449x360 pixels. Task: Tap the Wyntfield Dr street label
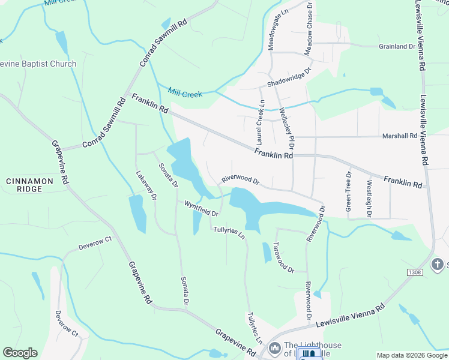click(200, 208)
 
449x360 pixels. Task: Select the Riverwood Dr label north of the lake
click(240, 179)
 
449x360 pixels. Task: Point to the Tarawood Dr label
click(283, 257)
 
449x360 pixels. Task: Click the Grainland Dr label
click(397, 46)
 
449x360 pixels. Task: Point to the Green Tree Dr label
click(348, 191)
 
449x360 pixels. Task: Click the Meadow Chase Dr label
click(309, 28)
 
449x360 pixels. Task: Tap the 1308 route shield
click(414, 272)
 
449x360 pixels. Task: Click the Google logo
click(20, 353)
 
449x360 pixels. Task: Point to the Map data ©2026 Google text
click(412, 355)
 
